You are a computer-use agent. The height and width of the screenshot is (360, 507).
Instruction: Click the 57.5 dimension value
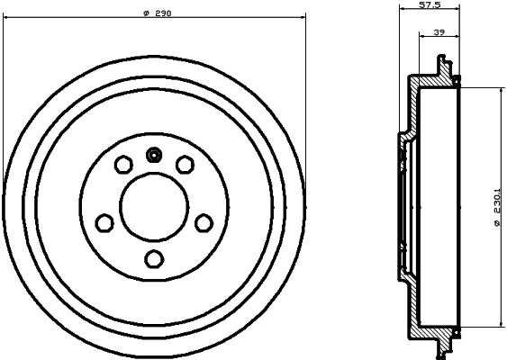(x=430, y=6)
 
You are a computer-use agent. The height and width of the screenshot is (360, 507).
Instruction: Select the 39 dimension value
(x=439, y=32)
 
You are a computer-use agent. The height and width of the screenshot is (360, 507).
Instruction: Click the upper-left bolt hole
(x=123, y=165)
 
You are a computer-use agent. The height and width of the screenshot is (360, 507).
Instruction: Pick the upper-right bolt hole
(x=185, y=164)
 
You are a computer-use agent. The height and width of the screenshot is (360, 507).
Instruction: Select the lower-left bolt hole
(x=104, y=221)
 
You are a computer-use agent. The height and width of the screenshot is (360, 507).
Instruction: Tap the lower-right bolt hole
(x=204, y=221)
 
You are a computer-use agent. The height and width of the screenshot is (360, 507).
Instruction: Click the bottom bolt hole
(x=154, y=258)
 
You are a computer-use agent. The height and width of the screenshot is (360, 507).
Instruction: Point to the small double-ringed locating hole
(x=154, y=155)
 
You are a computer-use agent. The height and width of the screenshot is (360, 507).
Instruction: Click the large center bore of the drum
(x=154, y=206)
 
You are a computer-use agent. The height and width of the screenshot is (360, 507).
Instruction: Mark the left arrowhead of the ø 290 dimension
(x=8, y=20)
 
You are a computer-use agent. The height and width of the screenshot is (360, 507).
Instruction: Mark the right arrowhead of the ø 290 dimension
(x=303, y=20)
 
